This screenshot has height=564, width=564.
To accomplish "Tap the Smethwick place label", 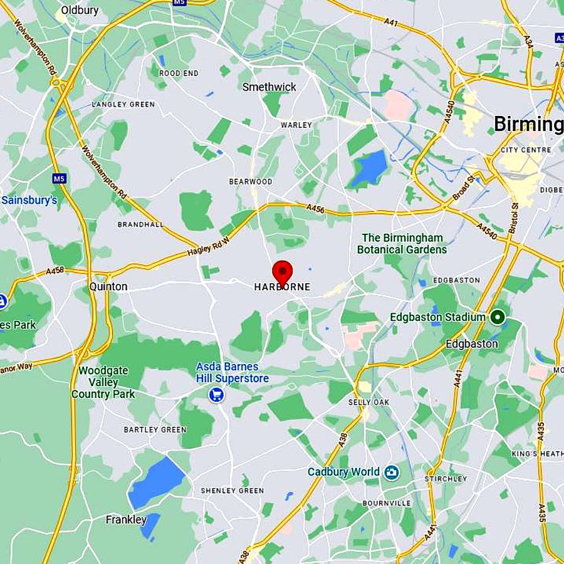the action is point(269,87).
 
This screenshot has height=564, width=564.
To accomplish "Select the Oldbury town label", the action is point(80,11).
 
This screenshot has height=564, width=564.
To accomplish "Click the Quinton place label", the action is point(108,286).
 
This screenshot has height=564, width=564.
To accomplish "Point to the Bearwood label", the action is point(251,182).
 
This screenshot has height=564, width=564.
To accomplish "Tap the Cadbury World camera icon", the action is point(392,472).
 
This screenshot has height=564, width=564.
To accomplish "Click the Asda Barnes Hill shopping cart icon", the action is point(217,395).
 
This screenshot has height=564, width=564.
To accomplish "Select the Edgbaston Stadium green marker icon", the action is point(498,317).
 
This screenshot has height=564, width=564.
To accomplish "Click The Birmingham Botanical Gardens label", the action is point(402,244).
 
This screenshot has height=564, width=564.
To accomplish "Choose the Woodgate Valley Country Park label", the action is point(103,382).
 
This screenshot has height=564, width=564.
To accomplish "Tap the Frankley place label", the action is point(126,520).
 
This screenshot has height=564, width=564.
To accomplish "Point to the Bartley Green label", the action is point(155,430).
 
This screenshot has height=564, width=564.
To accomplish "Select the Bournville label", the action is point(387,503).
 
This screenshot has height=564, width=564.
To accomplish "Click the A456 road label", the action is point(316,209).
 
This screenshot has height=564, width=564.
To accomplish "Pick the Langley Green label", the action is point(123,105).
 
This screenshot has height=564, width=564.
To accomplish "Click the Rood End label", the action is point(179,73).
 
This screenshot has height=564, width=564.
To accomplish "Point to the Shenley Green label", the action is point(232,491).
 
